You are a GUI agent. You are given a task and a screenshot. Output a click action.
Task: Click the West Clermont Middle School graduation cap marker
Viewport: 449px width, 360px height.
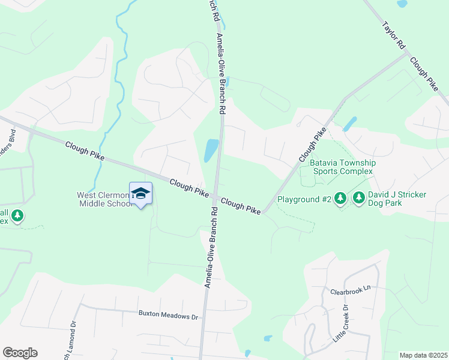[140, 193]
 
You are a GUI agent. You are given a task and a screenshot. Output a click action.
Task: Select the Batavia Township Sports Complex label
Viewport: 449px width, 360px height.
[342, 167]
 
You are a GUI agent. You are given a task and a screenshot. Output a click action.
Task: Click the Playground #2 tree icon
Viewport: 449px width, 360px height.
[340, 197]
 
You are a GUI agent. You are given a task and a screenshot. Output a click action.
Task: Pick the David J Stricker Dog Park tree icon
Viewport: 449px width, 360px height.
[359, 197]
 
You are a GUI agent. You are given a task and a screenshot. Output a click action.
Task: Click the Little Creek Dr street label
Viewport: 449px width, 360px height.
[340, 324]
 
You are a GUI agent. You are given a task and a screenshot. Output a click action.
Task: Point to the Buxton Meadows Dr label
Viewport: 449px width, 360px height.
[168, 314]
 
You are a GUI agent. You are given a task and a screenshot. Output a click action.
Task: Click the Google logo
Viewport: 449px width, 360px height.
[20, 353]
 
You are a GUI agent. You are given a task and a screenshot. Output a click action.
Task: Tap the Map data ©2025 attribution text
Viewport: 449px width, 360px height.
[423, 355]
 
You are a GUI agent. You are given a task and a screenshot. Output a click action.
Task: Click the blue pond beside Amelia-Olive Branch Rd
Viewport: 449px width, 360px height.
[211, 150]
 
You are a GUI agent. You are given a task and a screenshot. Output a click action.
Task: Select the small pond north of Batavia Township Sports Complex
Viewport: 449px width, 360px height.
[349, 124]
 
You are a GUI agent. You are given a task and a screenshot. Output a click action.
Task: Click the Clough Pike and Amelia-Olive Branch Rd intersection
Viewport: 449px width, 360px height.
[215, 197]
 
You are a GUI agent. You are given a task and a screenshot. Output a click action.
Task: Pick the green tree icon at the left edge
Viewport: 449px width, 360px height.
[17, 215]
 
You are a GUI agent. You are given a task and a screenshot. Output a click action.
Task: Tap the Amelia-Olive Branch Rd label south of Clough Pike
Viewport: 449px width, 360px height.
[211, 248]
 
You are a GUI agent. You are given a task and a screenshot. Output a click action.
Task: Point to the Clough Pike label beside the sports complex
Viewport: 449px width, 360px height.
[312, 145]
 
